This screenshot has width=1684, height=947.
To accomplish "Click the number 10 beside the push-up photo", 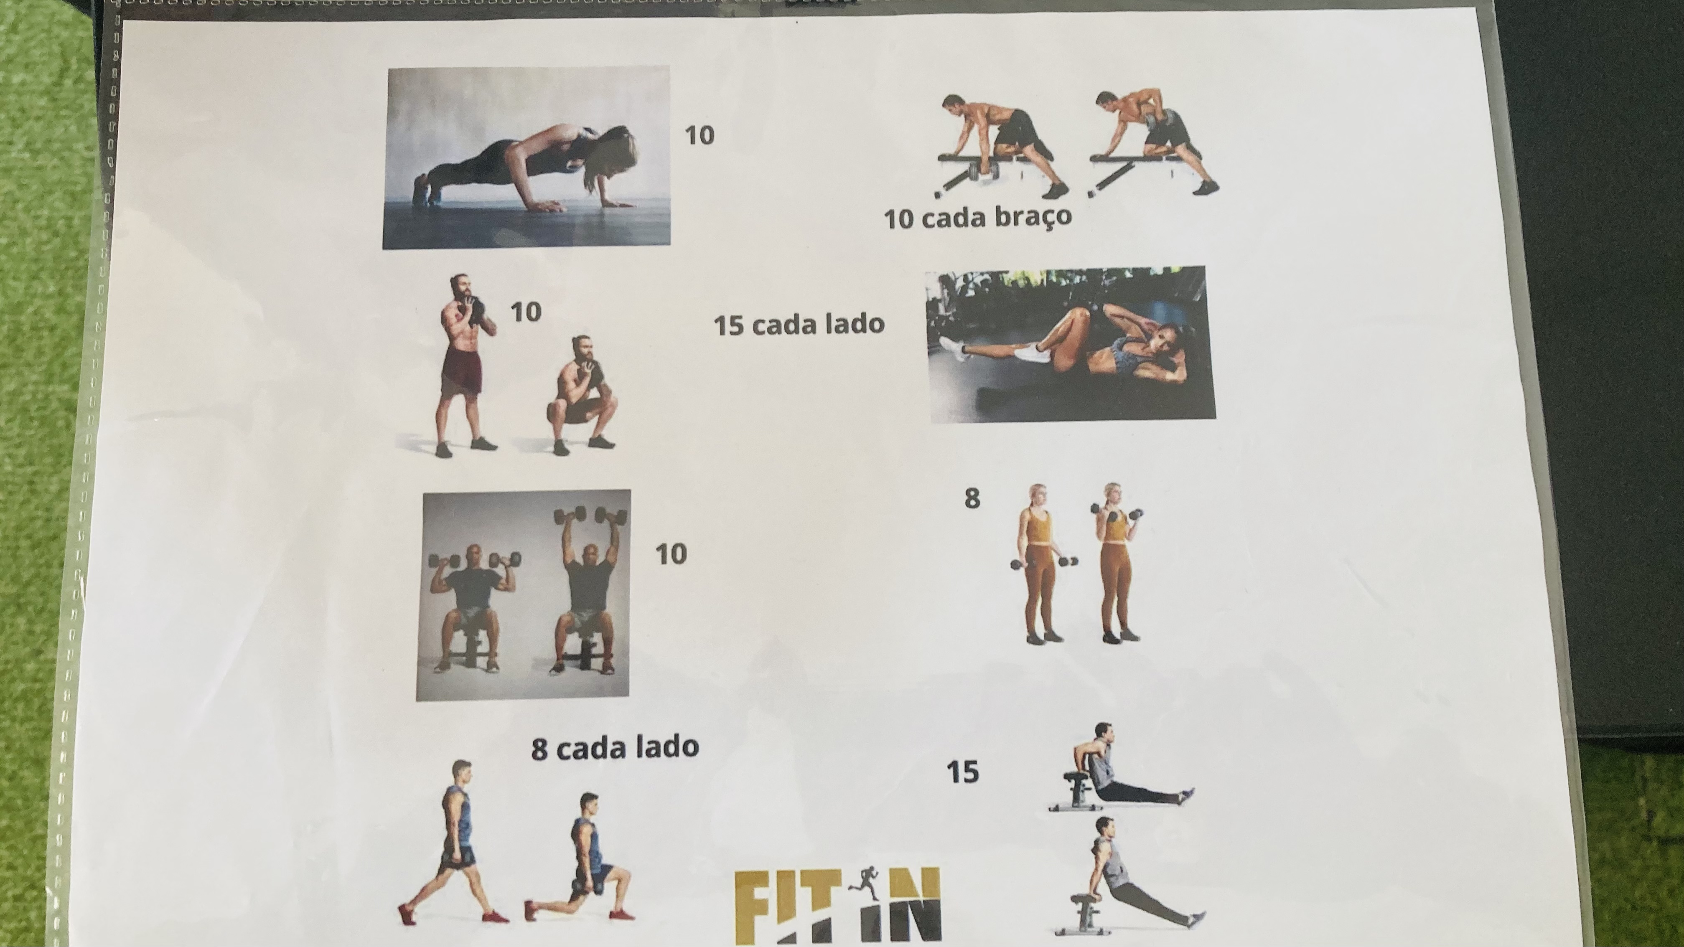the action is pos(700,135).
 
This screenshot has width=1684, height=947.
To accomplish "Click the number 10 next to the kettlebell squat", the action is pos(526,312).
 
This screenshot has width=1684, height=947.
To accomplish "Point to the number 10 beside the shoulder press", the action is pos(671,554).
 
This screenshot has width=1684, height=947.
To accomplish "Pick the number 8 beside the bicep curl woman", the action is pos(972,499).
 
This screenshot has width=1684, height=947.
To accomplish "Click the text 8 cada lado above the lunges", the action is pos(615,748).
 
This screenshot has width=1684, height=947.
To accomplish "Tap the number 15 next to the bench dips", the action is pos(963,772).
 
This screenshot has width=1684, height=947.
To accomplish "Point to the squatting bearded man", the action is pos(583,396).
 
